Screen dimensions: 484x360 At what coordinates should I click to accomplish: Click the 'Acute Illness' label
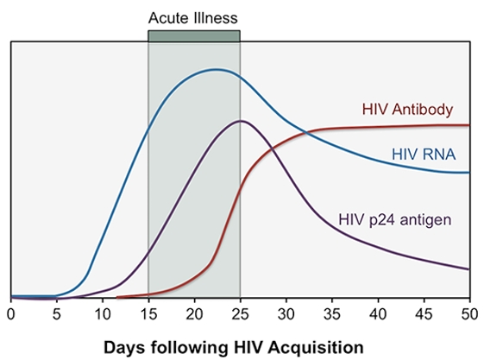tap(193, 18)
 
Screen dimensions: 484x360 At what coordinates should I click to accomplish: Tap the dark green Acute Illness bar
tap(194, 35)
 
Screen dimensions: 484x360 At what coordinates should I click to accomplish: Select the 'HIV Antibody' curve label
tap(407, 110)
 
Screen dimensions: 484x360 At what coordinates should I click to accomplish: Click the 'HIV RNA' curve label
tap(424, 154)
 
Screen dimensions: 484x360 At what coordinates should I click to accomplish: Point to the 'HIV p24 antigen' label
tap(395, 220)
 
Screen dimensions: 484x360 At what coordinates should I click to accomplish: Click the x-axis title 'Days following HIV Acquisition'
tap(233, 347)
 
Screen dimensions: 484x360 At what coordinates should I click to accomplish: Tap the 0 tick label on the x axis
tap(11, 314)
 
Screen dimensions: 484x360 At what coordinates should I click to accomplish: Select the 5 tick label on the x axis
tap(57, 314)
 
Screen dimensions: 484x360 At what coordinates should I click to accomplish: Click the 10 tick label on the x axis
tap(103, 314)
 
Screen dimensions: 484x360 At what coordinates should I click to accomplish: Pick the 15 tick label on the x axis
tap(148, 314)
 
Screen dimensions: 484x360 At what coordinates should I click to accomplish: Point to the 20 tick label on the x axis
tap(194, 314)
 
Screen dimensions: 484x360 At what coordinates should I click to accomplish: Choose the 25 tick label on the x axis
tap(240, 314)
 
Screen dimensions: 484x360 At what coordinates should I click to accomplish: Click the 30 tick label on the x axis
tap(286, 314)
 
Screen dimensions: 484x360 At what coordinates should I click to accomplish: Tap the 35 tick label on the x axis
tap(332, 314)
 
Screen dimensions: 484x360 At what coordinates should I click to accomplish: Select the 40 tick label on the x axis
tap(378, 314)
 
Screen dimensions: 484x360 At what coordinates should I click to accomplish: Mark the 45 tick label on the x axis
tap(424, 314)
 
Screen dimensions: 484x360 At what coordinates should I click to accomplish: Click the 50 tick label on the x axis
tap(469, 314)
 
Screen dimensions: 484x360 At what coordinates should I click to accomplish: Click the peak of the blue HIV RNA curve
tap(216, 69)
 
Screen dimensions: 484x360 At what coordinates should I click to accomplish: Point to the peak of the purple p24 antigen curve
tap(241, 121)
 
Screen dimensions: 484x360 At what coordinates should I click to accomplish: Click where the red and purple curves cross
tap(272, 149)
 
